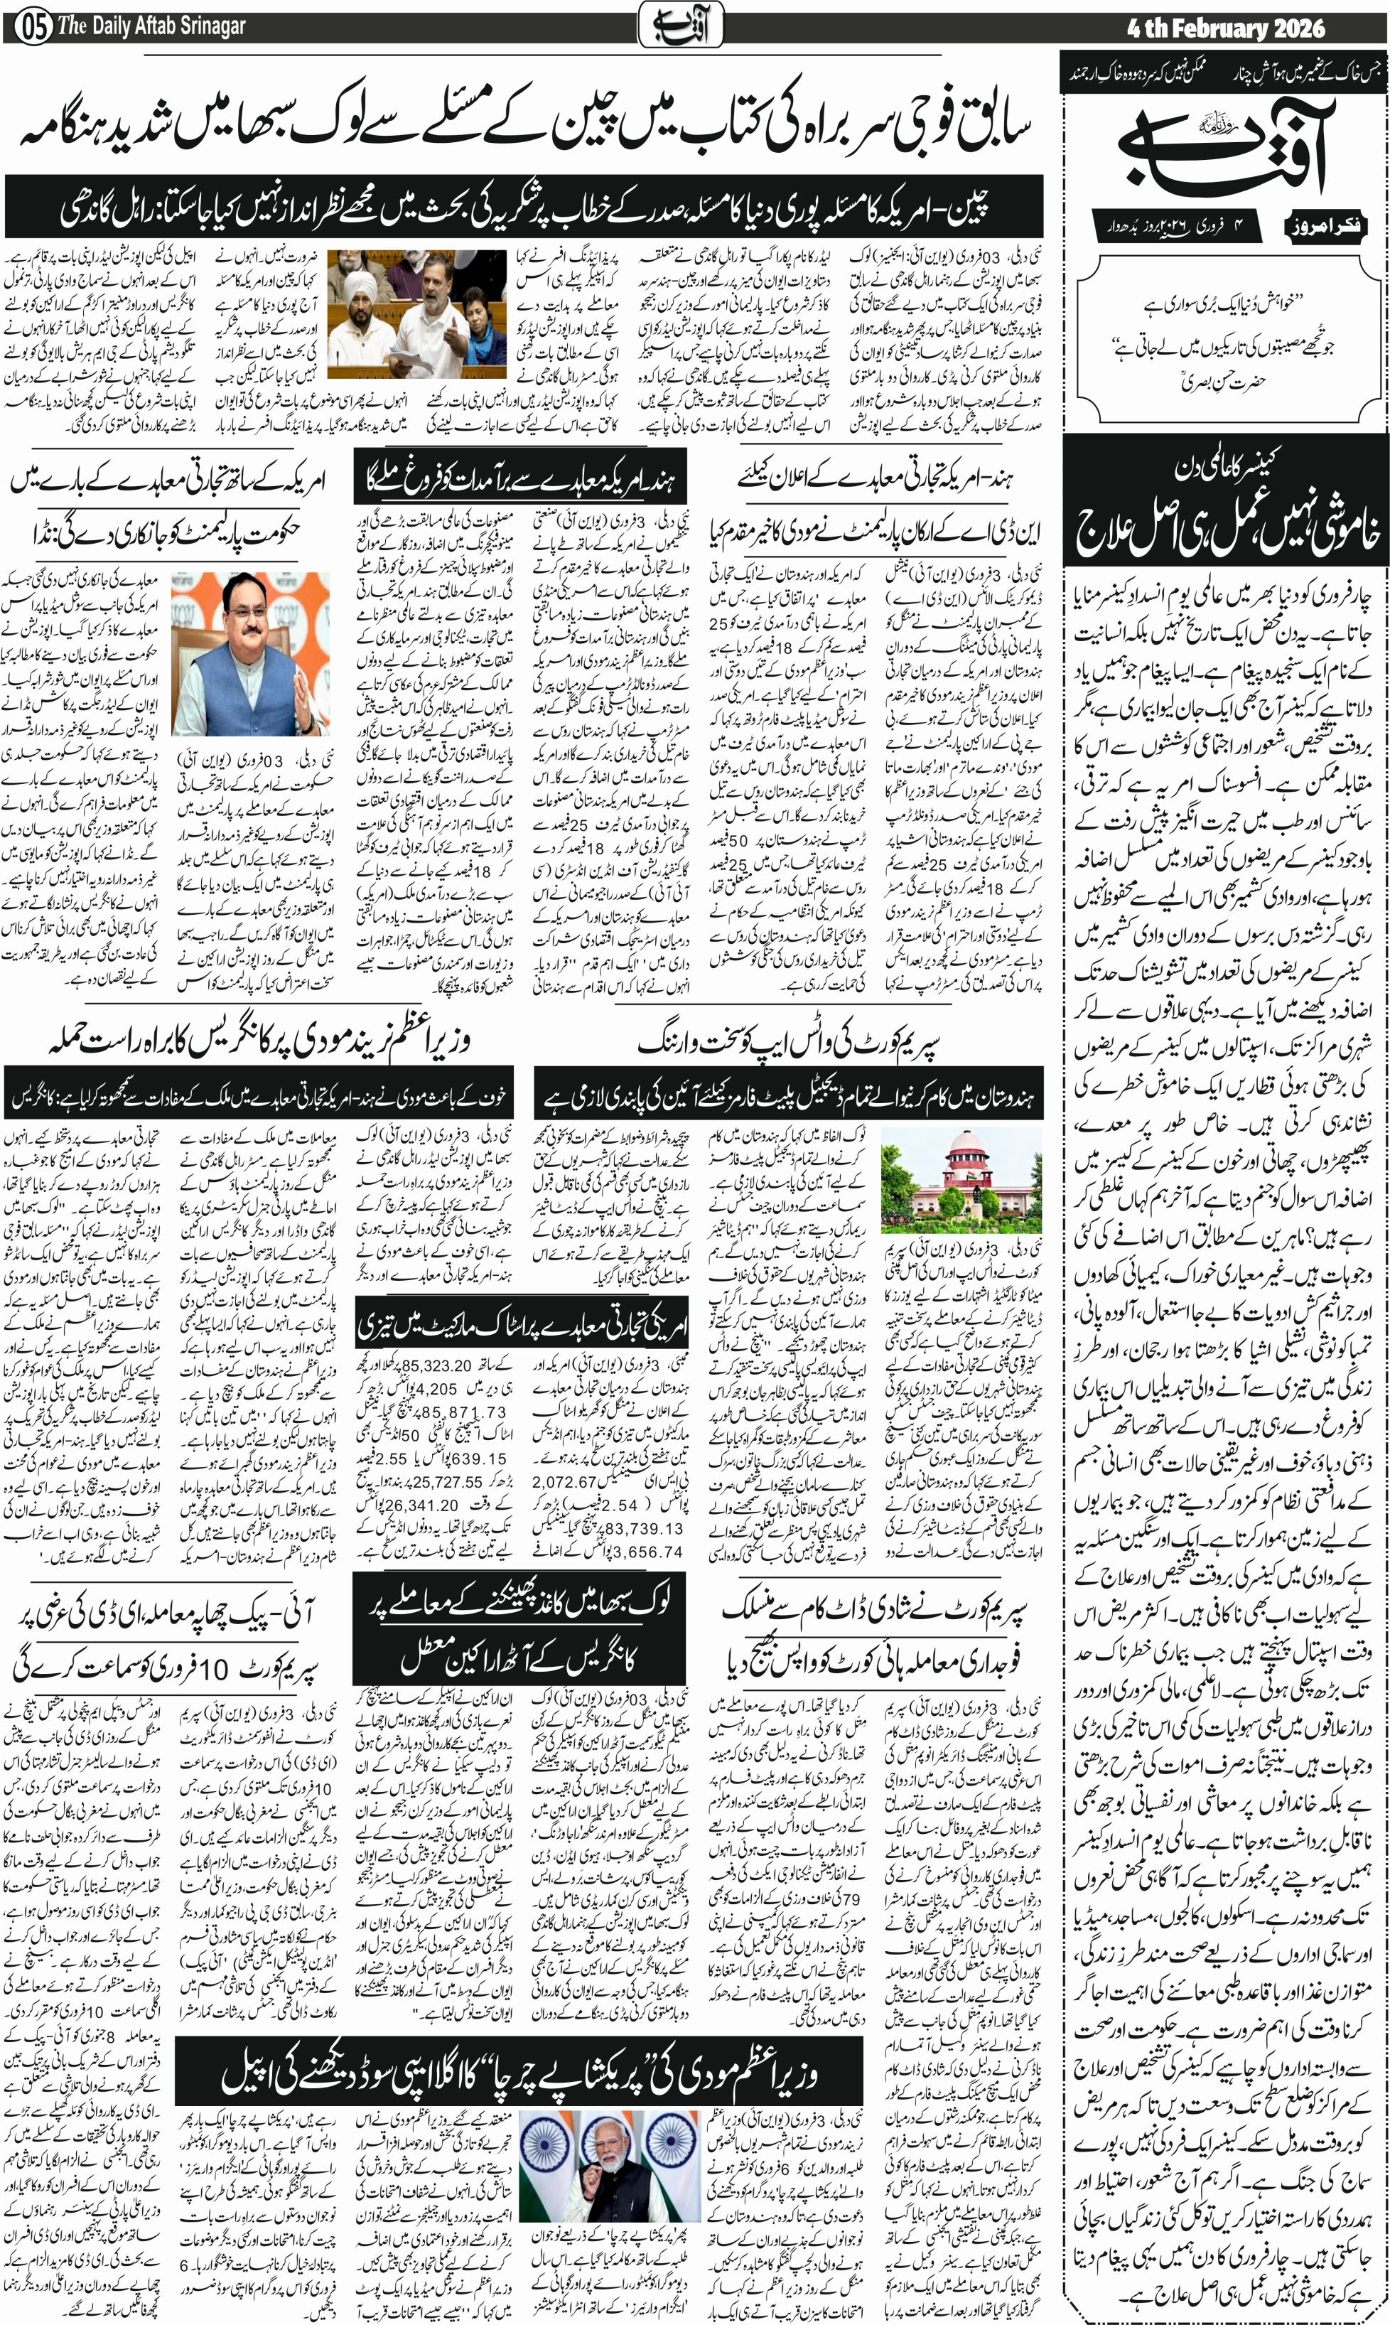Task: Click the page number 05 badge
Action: click(29, 26)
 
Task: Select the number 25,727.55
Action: click(439, 1481)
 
